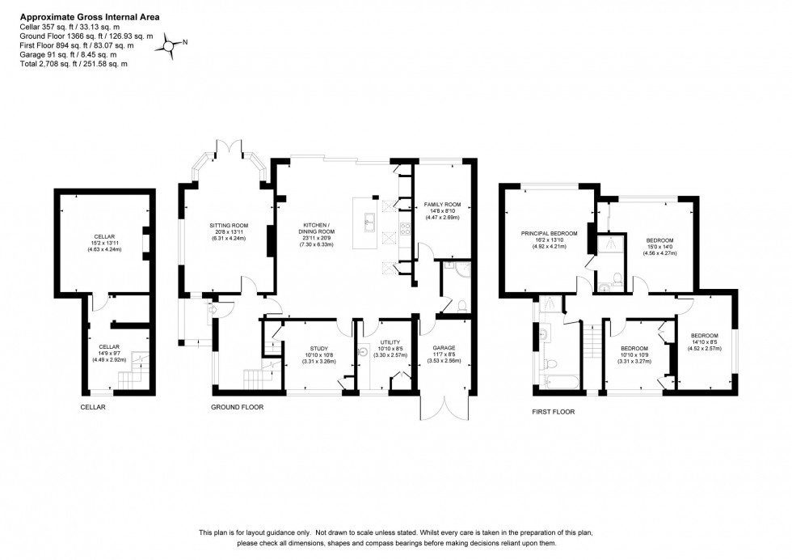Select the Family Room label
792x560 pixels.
(442, 206)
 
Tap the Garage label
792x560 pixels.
(444, 350)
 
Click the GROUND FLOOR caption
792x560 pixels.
(237, 407)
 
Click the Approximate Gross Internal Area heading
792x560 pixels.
(78, 15)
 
